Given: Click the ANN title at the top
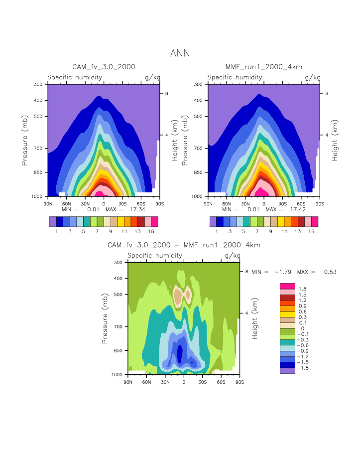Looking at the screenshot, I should pyautogui.click(x=180, y=53).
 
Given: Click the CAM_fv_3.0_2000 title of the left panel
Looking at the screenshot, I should pyautogui.click(x=104, y=67).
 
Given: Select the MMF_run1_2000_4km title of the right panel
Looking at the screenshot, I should pyautogui.click(x=263, y=67).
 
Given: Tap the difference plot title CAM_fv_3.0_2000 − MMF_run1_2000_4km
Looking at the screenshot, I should pyautogui.click(x=184, y=245).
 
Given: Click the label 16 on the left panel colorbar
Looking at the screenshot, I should pyautogui.click(x=154, y=232).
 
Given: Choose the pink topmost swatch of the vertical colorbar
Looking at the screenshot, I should pyautogui.click(x=287, y=286).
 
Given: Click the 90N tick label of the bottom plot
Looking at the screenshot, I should pyautogui.click(x=128, y=381).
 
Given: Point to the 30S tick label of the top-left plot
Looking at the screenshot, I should pyautogui.click(x=122, y=203).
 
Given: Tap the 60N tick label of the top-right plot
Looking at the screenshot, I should pyautogui.click(x=227, y=203).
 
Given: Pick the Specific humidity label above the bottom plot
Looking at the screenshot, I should pyautogui.click(x=154, y=256).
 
